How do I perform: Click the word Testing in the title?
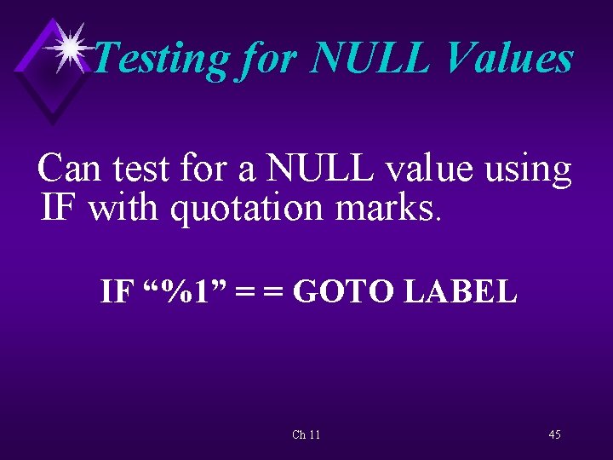[x=160, y=60]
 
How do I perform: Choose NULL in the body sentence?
[x=319, y=169]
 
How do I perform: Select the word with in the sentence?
[x=124, y=207]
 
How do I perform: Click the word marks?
[x=391, y=207]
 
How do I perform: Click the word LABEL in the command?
[x=461, y=291]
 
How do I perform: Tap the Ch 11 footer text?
[x=306, y=434]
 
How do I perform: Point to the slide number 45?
[x=554, y=434]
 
